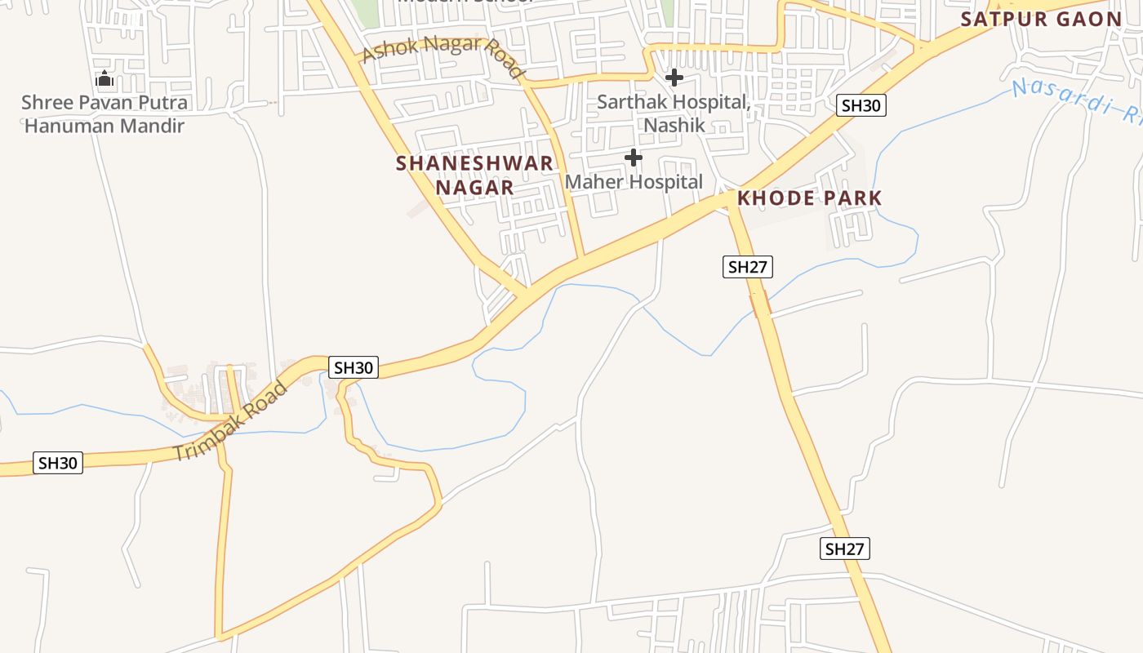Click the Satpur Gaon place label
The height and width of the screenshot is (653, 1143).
pos(1041,19)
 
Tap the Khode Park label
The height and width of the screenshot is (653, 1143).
pos(809,198)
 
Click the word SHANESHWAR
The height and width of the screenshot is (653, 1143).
pos(474,163)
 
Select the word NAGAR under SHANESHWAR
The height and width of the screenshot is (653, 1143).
pos(474,188)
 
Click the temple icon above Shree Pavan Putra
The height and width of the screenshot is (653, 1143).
pos(104,80)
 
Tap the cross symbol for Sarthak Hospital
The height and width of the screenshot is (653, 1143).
pos(674,78)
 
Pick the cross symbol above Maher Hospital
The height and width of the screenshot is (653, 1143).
pos(633,158)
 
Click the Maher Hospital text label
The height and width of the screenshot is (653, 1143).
pos(634,182)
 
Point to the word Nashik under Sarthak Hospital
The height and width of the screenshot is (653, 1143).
pos(674,126)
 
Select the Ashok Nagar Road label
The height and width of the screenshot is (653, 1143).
pos(443,55)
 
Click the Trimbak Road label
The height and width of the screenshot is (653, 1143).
pos(232,421)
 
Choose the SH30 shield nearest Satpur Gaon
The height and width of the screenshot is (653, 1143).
pos(861,105)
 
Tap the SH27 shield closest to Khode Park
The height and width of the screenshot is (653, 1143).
pos(747,267)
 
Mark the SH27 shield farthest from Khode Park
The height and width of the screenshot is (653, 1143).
pos(844,549)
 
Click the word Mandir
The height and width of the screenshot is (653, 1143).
pos(153,126)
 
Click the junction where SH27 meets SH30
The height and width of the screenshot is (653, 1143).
pos(729,201)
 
